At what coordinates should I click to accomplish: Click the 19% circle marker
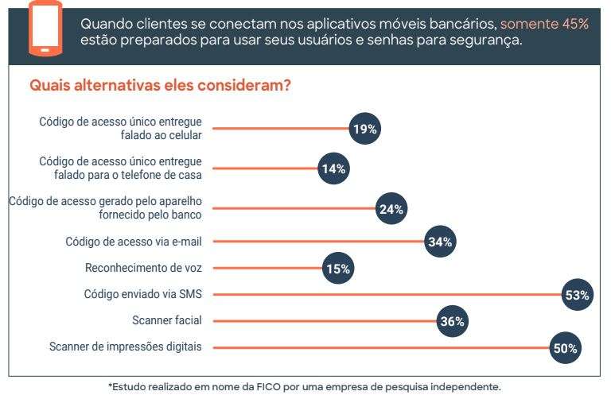pos(365,128)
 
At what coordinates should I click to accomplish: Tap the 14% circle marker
pos(333,168)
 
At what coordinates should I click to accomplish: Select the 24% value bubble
pos(391,209)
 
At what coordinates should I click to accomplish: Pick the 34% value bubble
pos(440,242)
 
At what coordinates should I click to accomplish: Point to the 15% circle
pos(338,269)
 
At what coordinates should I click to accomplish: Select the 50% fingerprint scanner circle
pos(566,348)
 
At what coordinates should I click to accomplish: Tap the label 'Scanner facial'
pos(167,321)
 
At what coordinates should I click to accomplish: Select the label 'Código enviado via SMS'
pos(143,295)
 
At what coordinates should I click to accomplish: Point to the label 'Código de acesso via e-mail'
pos(134,242)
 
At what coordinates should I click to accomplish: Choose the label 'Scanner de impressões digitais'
pos(126,347)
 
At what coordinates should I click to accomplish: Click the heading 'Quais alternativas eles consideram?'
pos(160,85)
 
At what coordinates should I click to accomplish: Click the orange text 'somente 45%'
pos(545,24)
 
